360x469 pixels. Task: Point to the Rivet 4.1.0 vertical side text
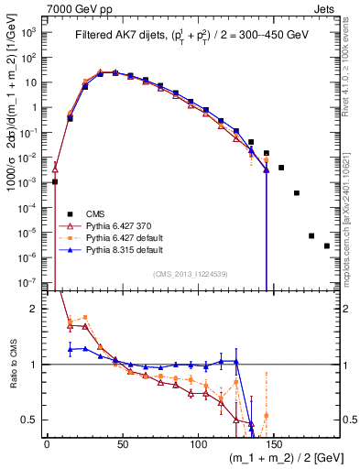click(x=351, y=73)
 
